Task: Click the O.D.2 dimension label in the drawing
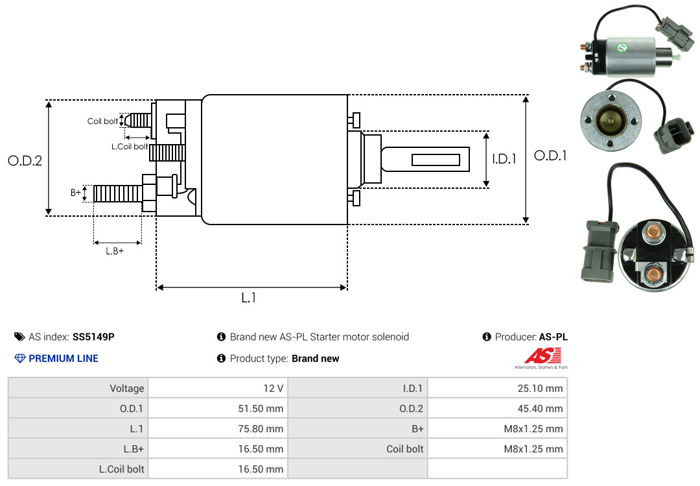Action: [25, 160]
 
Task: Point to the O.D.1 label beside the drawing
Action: [550, 156]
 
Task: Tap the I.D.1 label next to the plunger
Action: [504, 159]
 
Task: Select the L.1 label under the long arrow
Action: [249, 298]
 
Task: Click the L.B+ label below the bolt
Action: [115, 251]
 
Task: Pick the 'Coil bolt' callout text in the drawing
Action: [102, 121]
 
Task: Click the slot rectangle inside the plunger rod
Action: [436, 160]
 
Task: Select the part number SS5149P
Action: [93, 337]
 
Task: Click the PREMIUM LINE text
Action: [64, 359]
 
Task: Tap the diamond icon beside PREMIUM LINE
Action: [20, 359]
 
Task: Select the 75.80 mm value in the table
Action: [261, 429]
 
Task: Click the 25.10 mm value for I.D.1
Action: [540, 389]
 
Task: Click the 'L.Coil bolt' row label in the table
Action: [121, 469]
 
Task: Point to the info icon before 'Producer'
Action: [487, 337]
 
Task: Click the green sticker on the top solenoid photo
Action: [622, 47]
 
